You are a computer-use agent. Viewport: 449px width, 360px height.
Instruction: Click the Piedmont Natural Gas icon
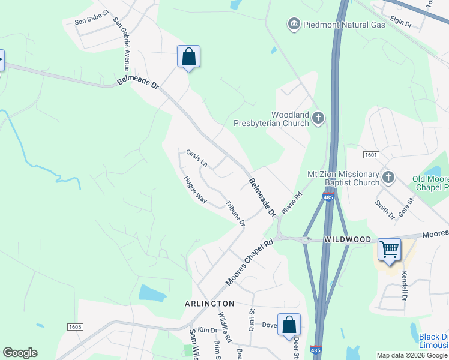point(294,24)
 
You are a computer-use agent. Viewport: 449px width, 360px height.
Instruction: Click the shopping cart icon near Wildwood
point(390,248)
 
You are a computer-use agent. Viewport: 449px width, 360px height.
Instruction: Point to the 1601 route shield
point(371,155)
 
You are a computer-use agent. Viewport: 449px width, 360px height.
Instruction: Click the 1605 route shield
point(74,326)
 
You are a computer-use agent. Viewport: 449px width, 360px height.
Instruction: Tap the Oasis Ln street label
point(196,158)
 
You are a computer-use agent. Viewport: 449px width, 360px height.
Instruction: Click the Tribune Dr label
point(235,213)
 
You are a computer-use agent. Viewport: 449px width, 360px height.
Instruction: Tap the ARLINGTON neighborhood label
point(209,304)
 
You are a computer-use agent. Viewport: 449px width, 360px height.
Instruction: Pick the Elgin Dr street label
point(400,24)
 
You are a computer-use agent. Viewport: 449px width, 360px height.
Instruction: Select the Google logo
point(20,353)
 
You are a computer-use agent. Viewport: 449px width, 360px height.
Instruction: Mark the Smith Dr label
point(384,208)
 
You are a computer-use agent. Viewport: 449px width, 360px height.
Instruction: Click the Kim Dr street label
point(207,331)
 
